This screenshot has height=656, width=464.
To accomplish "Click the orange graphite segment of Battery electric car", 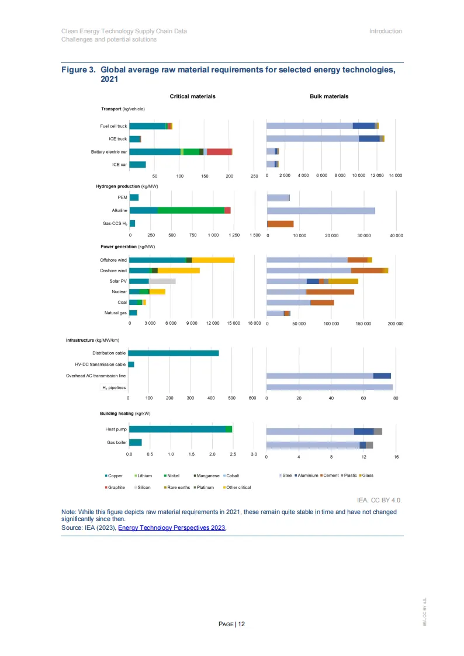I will [219, 152].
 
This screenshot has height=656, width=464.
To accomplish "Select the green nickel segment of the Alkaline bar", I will [191, 210].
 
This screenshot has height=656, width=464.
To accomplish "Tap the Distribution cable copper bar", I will [174, 353].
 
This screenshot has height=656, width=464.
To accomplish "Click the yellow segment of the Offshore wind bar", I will [213, 260].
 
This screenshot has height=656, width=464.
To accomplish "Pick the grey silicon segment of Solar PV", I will [162, 281].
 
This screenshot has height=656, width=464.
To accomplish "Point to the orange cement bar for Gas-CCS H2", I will [280, 224].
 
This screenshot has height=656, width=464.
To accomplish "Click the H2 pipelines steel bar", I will [330, 387].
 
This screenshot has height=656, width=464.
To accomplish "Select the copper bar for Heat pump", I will [177, 429].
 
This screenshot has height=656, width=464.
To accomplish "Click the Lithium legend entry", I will [143, 475].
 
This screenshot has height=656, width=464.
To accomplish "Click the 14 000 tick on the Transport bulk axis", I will [396, 176].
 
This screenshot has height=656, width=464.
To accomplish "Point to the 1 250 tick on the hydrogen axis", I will [234, 235].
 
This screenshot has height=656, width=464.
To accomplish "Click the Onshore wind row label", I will [113, 270].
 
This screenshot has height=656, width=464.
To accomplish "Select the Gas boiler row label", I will [117, 442].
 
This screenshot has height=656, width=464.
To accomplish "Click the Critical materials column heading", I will [192, 96].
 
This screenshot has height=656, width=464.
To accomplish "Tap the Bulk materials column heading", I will [329, 96].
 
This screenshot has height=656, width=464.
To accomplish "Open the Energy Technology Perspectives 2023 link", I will [171, 527].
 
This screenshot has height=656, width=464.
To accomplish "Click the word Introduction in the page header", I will [385, 31].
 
